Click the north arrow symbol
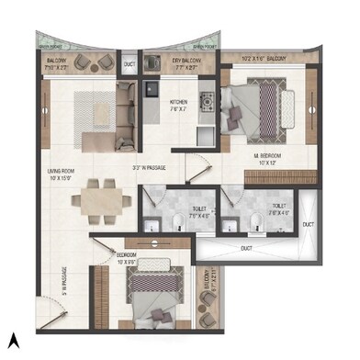pos(13,341)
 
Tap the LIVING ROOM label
pos(66,172)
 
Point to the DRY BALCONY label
pos(188,62)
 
